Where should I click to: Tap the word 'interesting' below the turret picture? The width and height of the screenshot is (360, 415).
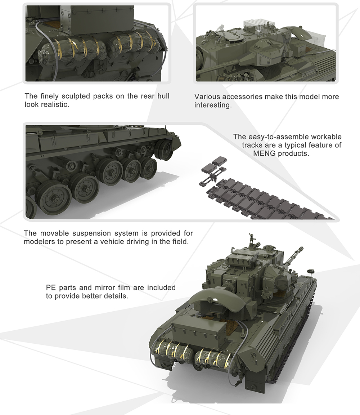(212, 106)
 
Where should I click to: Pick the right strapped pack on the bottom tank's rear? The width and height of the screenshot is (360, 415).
(213, 358)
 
